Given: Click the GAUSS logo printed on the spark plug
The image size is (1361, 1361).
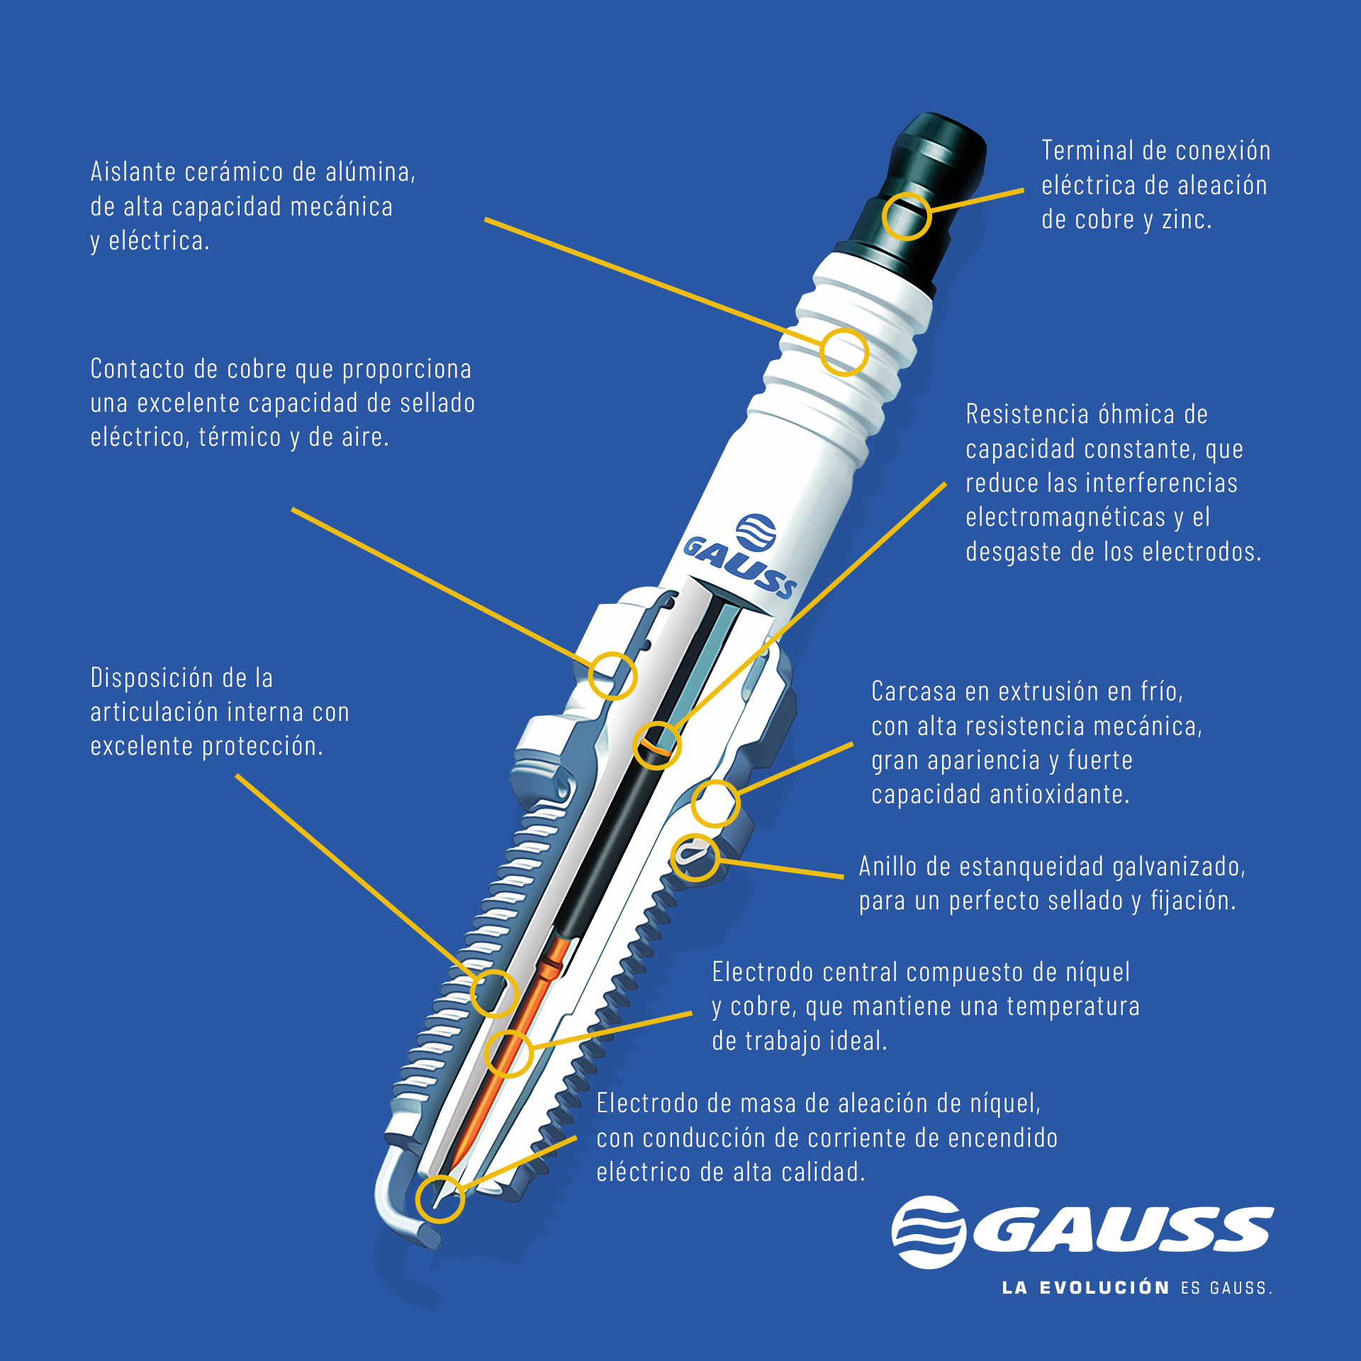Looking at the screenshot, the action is click(741, 557).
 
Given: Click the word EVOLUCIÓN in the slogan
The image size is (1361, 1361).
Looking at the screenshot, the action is click(1104, 1288).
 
